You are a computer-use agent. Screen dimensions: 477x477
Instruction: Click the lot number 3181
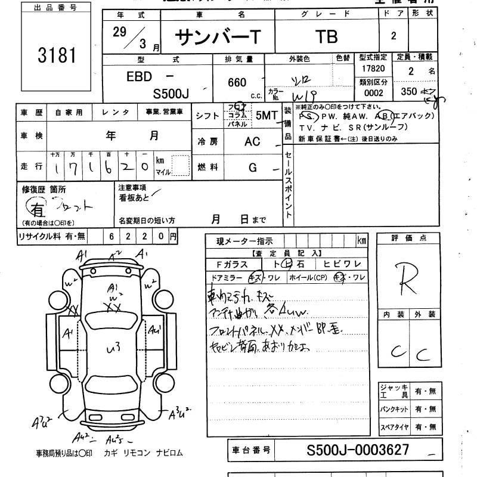click(57, 56)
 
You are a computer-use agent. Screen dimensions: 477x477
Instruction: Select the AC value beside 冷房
click(252, 143)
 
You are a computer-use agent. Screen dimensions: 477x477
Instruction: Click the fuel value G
click(253, 168)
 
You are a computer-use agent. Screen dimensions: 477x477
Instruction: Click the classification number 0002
click(374, 93)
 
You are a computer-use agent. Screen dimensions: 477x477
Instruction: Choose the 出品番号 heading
click(57, 8)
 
